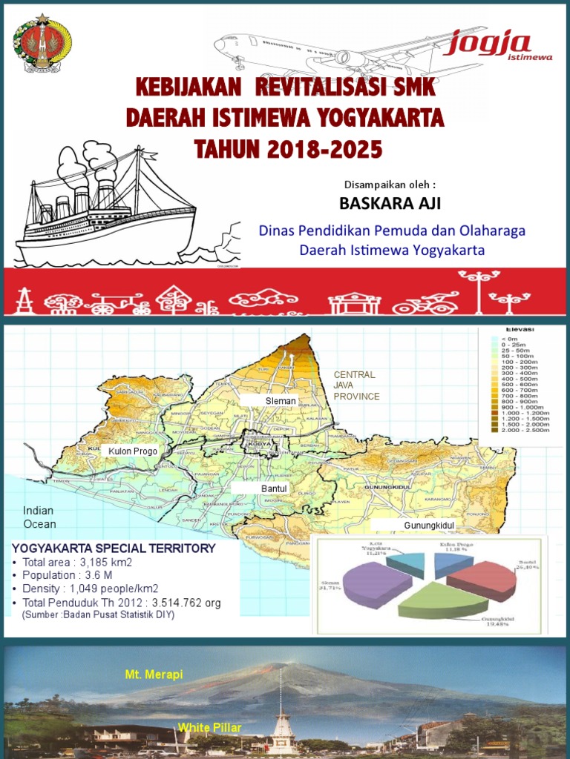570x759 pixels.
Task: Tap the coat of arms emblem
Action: (x=42, y=43)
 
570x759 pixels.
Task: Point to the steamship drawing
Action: (x=111, y=208)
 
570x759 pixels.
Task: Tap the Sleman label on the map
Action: (x=281, y=401)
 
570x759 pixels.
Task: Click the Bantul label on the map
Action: (x=273, y=489)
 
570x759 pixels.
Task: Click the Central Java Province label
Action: (x=356, y=385)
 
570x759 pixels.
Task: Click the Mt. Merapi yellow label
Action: (x=154, y=675)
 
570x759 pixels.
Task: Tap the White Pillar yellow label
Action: (x=209, y=728)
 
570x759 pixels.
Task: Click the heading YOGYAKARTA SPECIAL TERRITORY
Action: (x=114, y=548)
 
